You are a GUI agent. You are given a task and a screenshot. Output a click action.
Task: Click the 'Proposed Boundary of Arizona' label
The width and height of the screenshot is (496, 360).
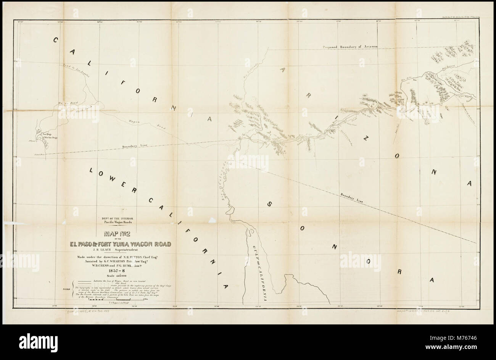click(x=350, y=47)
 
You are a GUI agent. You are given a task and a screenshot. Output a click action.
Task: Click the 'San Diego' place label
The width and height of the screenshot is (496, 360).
click(x=46, y=134)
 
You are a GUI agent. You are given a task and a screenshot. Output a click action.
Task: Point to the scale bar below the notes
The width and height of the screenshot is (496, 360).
click(x=117, y=300)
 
